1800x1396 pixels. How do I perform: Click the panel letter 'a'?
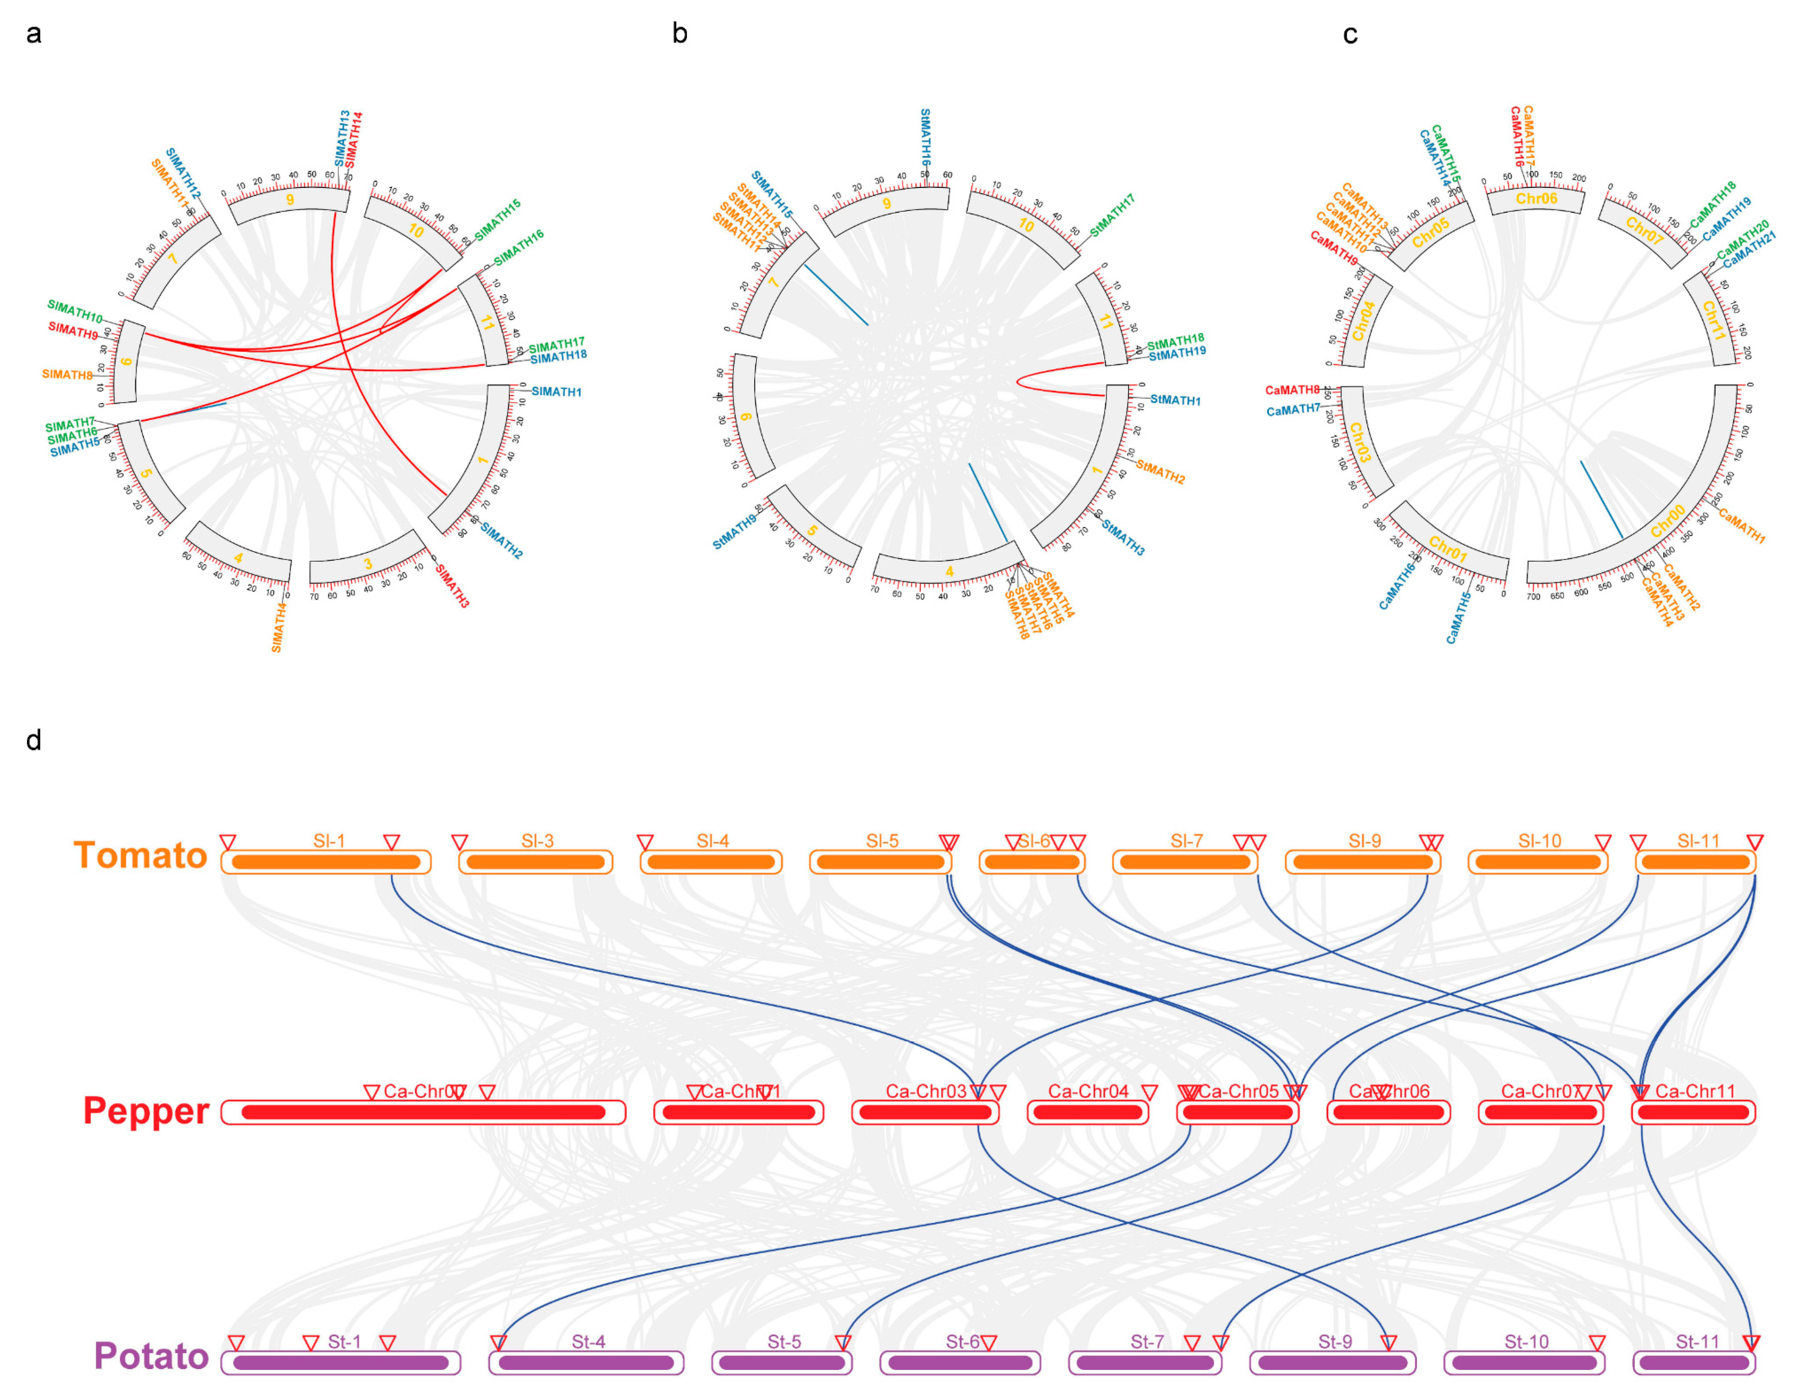coord(34,34)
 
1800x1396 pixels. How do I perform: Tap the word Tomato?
coord(140,855)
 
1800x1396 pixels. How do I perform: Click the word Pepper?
coord(146,1111)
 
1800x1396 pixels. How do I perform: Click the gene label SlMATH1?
coord(556,391)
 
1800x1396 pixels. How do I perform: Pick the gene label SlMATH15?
coord(497,219)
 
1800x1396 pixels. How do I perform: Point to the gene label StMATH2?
coord(1160,472)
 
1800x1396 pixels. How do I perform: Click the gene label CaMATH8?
coord(1293,390)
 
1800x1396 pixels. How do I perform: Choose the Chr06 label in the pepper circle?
coord(1536,198)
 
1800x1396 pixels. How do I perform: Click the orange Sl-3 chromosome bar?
coord(536,862)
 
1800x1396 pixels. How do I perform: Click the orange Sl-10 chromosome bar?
coord(1538,862)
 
